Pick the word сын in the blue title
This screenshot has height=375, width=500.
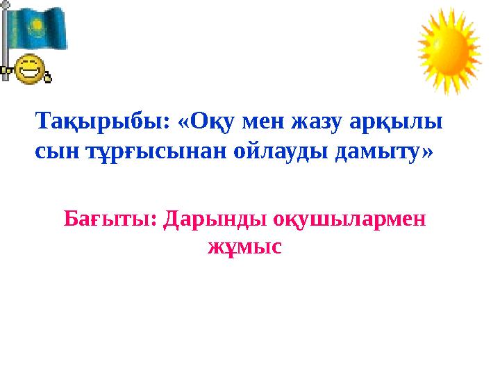click(x=54, y=151)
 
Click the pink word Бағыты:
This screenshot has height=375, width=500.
click(x=110, y=220)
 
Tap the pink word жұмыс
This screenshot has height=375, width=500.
click(x=244, y=246)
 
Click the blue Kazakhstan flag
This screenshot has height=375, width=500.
click(x=38, y=28)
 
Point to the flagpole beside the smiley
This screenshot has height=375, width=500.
click(x=6, y=42)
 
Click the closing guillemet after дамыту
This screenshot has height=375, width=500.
click(x=426, y=151)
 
